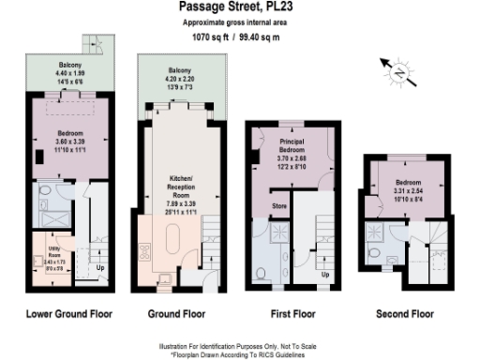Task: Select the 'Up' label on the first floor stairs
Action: click(x=325, y=275)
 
